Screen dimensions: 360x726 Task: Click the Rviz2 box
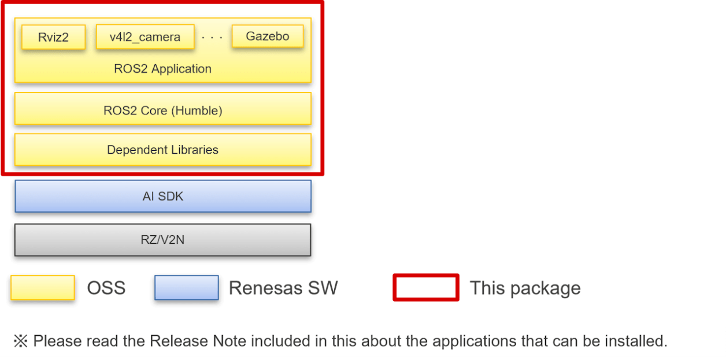pyautogui.click(x=53, y=38)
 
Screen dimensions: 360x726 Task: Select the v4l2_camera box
pyautogui.click(x=145, y=38)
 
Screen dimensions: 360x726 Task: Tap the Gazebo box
pyautogui.click(x=268, y=36)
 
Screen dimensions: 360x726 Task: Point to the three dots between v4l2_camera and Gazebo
pyautogui.click(x=212, y=38)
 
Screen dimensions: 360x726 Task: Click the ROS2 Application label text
pyautogui.click(x=162, y=69)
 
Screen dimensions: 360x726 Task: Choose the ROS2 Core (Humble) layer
pyautogui.click(x=162, y=110)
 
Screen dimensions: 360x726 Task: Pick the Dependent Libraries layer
pyautogui.click(x=162, y=150)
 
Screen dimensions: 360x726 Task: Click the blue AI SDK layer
pyautogui.click(x=162, y=196)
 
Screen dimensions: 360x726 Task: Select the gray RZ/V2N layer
pyautogui.click(x=162, y=239)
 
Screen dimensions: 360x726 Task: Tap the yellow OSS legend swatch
pyautogui.click(x=43, y=288)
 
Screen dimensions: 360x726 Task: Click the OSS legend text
pyautogui.click(x=106, y=288)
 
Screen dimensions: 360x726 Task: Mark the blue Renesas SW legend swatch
pyautogui.click(x=186, y=288)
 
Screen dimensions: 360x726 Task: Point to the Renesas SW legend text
pyautogui.click(x=283, y=288)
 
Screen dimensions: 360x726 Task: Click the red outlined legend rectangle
pyautogui.click(x=426, y=288)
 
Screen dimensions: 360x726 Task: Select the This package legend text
pyautogui.click(x=524, y=288)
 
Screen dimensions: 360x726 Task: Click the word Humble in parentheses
pyautogui.click(x=198, y=110)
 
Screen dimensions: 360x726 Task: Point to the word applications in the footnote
pyautogui.click(x=460, y=341)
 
